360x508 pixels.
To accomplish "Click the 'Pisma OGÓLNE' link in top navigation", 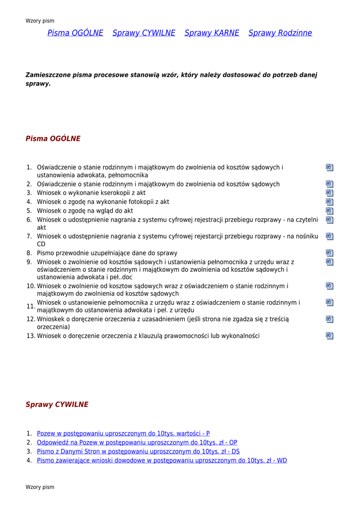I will pos(75,33).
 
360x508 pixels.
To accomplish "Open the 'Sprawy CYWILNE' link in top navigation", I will pos(144,33).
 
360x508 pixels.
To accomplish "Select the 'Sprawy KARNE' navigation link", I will pos(212,33).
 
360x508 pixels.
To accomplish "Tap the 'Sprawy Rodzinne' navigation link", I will pos(280,33).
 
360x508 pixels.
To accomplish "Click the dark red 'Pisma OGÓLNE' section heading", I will pos(53,139).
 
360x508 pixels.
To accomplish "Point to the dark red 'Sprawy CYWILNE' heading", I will pos(57,405).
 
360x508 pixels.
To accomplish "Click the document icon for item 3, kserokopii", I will pos(329,193).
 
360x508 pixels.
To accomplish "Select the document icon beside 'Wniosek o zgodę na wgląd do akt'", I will pos(329,211).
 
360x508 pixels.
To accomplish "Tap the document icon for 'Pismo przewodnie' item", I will pos(329,253).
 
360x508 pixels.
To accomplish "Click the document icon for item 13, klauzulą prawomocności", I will pos(329,336).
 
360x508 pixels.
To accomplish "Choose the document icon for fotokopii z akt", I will pos(329,202).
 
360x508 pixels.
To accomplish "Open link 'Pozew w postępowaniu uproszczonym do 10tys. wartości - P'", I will pos(123,434).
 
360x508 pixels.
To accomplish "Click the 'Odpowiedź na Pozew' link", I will pos(137,443).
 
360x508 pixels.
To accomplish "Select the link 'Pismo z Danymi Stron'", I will pos(138,451).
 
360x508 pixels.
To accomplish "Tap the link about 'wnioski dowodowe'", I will pos(161,460).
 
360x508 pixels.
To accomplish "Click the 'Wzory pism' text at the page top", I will pos(40,21).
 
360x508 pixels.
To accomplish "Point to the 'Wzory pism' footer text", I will pos(40,487).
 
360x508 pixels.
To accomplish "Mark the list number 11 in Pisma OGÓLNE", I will pos(30,306).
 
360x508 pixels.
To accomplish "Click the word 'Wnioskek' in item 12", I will pos(51,319).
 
